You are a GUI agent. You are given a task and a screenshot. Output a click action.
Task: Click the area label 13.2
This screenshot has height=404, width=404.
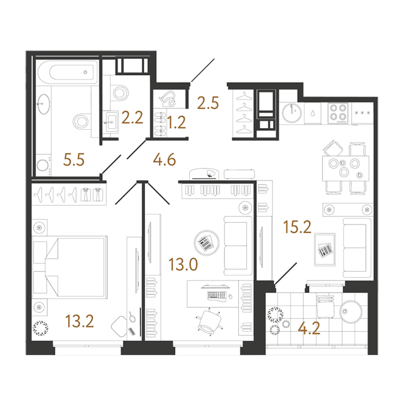click(80, 321)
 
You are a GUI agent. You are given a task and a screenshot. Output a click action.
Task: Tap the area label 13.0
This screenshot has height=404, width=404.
click(183, 264)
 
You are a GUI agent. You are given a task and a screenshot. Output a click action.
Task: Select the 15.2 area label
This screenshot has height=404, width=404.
click(297, 227)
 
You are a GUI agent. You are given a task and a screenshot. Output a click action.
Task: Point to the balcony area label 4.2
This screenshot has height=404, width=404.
click(309, 328)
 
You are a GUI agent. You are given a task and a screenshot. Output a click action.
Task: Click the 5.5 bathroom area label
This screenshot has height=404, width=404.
click(74, 160)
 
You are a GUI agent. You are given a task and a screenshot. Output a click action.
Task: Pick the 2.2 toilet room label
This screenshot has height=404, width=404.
click(132, 118)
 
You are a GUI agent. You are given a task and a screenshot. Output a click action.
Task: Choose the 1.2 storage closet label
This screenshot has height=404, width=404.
click(176, 122)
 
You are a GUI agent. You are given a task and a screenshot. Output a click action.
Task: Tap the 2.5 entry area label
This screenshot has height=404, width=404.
click(208, 103)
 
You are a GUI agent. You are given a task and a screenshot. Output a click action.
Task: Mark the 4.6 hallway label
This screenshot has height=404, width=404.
click(164, 159)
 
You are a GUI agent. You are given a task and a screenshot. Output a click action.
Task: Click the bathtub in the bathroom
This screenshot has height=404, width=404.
click(68, 72)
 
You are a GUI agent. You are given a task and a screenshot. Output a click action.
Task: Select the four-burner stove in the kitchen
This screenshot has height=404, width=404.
click(338, 113)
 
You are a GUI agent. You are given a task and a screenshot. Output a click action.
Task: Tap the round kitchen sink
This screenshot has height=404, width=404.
click(291, 113)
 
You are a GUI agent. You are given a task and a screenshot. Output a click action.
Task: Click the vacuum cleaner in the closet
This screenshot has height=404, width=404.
click(167, 99)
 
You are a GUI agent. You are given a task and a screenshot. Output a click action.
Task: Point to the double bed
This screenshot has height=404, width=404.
click(70, 267)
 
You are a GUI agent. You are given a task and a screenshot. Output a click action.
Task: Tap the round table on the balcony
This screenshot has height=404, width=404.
click(351, 312)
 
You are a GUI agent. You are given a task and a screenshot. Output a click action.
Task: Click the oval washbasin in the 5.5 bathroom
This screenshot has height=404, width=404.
click(43, 104)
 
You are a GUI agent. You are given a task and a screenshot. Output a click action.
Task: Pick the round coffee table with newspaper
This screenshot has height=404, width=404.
click(207, 243)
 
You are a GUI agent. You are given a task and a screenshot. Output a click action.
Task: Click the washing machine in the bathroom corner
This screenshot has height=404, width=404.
click(43, 165)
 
